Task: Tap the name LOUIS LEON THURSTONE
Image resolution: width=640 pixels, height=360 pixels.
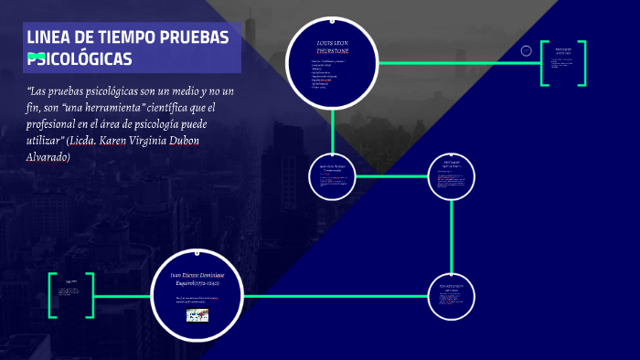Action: [x=333, y=48]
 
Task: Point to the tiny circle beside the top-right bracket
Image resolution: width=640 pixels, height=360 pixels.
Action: [x=527, y=50]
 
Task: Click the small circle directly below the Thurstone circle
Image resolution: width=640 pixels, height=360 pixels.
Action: [x=332, y=176]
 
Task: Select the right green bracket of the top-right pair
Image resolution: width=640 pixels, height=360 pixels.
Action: [x=581, y=63]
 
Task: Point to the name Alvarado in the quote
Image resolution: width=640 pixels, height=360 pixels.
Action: [x=48, y=156]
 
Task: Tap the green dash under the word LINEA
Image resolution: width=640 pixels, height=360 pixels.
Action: [x=37, y=57]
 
